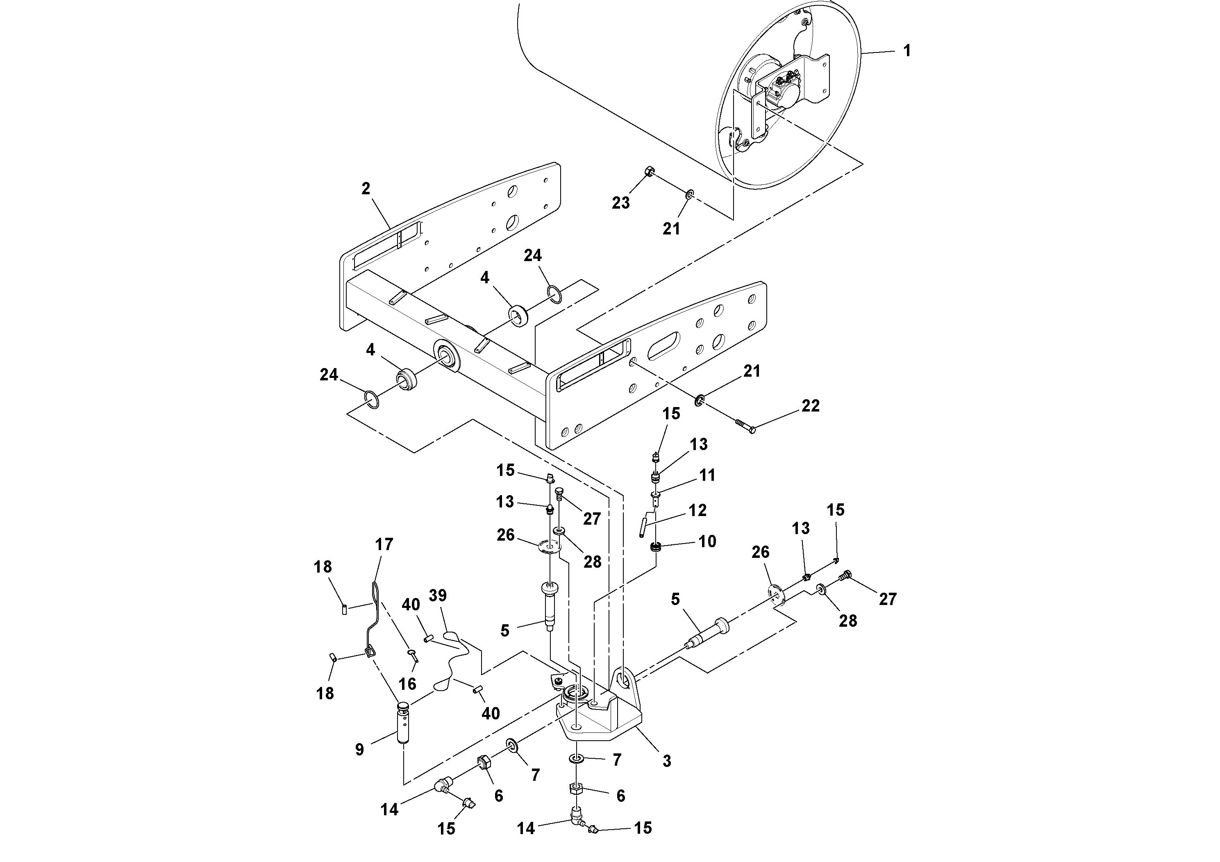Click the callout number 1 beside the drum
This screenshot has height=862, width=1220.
[907, 50]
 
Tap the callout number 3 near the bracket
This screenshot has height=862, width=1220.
[666, 761]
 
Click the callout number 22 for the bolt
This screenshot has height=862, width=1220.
[810, 406]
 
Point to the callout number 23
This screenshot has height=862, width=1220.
[620, 202]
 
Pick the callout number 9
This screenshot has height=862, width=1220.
[360, 749]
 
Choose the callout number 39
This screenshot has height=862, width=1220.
[437, 595]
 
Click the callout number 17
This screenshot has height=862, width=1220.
[384, 544]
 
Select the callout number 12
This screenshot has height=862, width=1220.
[697, 510]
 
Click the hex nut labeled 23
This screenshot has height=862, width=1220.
[649, 172]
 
